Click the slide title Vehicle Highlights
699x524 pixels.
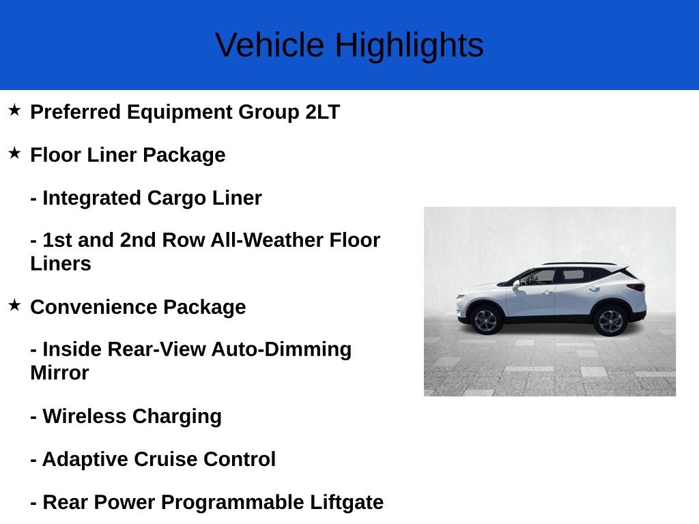pos(349,45)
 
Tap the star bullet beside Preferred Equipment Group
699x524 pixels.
pos(14,110)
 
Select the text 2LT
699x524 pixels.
pos(322,112)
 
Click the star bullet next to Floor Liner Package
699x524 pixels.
pos(14,153)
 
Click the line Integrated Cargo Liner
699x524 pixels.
pos(146,199)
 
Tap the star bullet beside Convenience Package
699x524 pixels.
pos(14,305)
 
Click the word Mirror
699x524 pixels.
pos(59,373)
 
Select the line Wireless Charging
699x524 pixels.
pos(126,416)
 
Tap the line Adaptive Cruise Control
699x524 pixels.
pos(153,459)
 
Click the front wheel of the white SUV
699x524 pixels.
pos(485,319)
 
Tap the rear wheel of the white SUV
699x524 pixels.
pos(610,320)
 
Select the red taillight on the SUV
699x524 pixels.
pos(636,287)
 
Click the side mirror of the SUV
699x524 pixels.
pos(517,284)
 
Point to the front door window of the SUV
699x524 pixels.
pos(540,276)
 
